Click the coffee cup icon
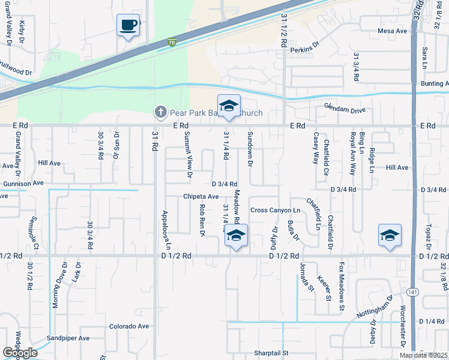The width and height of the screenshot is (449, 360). (x=128, y=25)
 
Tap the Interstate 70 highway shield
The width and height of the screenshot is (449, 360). (x=172, y=43)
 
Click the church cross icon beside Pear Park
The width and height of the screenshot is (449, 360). (x=160, y=112)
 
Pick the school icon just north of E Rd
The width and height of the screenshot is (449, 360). (x=228, y=106)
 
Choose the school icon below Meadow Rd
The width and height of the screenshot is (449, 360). (x=237, y=236)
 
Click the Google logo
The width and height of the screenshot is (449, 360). (x=19, y=353)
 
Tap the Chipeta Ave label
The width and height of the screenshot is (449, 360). (x=201, y=196)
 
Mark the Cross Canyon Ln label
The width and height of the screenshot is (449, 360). (x=275, y=211)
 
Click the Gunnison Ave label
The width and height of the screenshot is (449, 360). (x=23, y=182)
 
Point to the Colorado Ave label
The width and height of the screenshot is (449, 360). (x=128, y=326)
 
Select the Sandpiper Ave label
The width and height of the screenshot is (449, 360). (x=68, y=338)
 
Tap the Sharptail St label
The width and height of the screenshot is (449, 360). (x=271, y=353)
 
